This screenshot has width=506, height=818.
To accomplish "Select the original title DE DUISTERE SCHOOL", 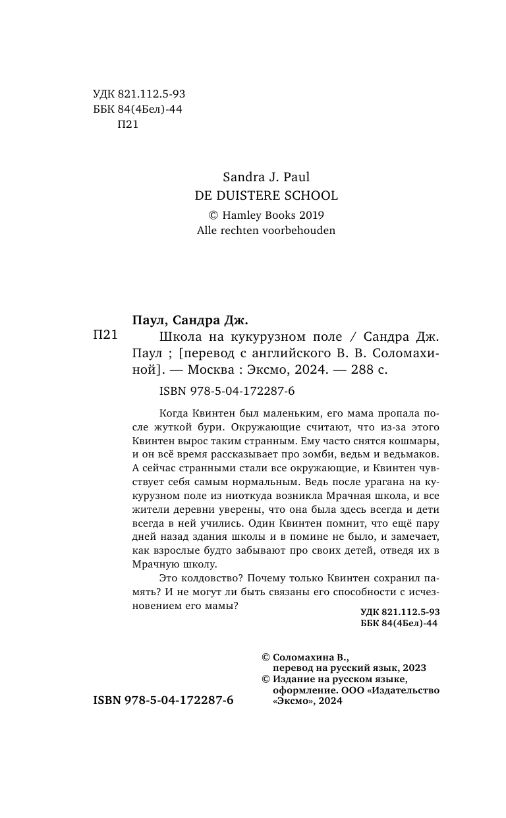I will point(267,195).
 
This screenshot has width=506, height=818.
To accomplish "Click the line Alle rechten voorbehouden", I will point(267,231).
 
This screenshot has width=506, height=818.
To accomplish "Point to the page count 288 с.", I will point(372,370).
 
